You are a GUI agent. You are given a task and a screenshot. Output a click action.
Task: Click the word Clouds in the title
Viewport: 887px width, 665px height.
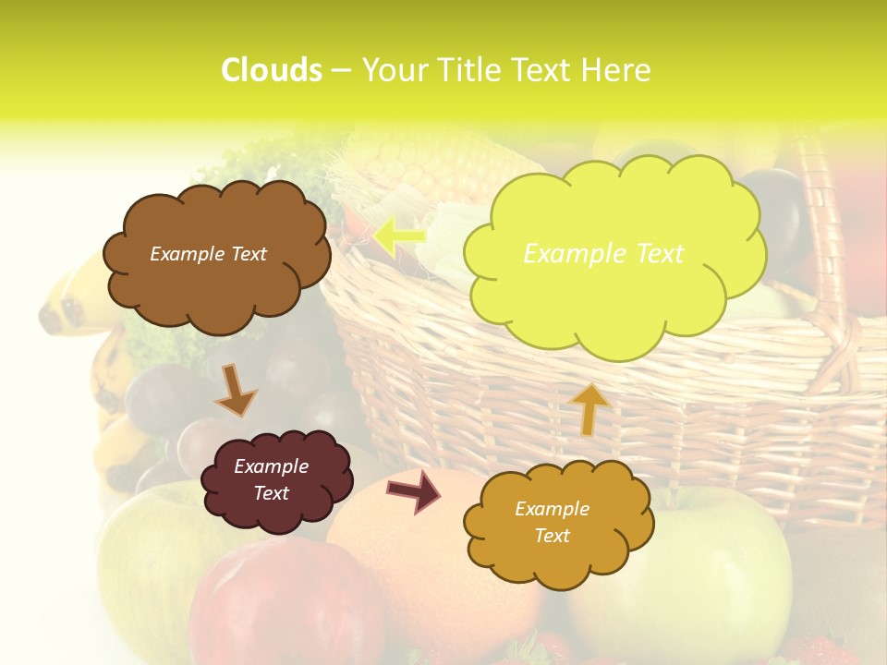click(272, 70)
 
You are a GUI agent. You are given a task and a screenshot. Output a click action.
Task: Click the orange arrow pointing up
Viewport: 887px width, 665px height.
click(588, 408)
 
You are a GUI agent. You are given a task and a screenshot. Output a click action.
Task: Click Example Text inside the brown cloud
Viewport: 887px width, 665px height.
click(208, 253)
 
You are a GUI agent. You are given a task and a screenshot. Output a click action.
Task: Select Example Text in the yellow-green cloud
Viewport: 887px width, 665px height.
click(603, 253)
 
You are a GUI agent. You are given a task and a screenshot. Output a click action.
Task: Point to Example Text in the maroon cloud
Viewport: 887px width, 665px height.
click(272, 479)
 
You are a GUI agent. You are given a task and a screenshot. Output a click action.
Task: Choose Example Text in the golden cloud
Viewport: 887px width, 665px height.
click(552, 522)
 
